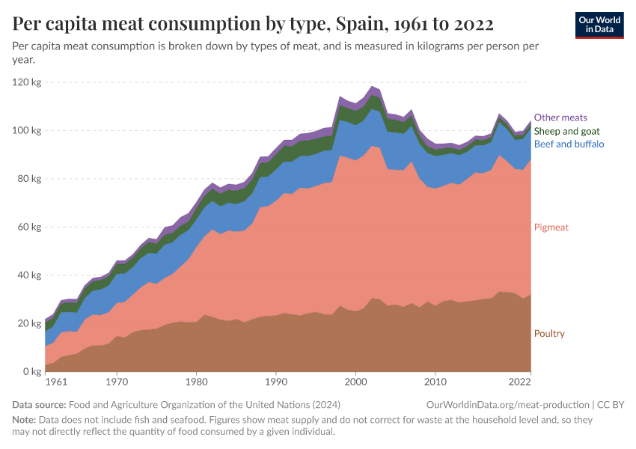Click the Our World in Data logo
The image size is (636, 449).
click(x=599, y=25)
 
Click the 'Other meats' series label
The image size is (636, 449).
click(x=560, y=117)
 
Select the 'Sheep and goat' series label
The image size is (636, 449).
click(x=566, y=131)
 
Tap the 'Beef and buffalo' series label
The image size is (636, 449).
click(x=569, y=144)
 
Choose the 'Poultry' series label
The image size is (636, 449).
click(x=549, y=334)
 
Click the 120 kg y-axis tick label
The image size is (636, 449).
click(x=27, y=82)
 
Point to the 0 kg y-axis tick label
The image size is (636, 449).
click(x=32, y=372)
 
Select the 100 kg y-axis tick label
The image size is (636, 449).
click(x=27, y=130)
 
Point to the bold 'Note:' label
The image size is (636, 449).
click(x=25, y=420)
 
